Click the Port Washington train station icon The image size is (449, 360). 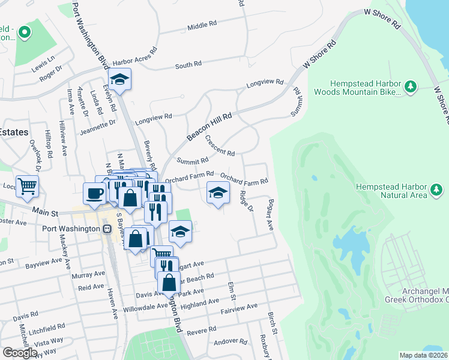pyautogui.click(x=107, y=229)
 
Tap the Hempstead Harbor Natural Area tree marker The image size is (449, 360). pyautogui.click(x=437, y=191)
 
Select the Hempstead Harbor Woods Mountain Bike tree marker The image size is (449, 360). pyautogui.click(x=411, y=87)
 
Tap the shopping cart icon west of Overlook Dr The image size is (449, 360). pyautogui.click(x=26, y=187)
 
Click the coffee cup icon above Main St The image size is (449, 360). pyautogui.click(x=94, y=193)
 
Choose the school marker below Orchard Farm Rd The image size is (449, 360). pyautogui.click(x=218, y=192)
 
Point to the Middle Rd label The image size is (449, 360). pyautogui.click(x=202, y=26)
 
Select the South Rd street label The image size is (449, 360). pyautogui.click(x=188, y=64)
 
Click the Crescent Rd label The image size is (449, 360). pyautogui.click(x=219, y=145)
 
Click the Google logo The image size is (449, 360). pyautogui.click(x=20, y=353)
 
